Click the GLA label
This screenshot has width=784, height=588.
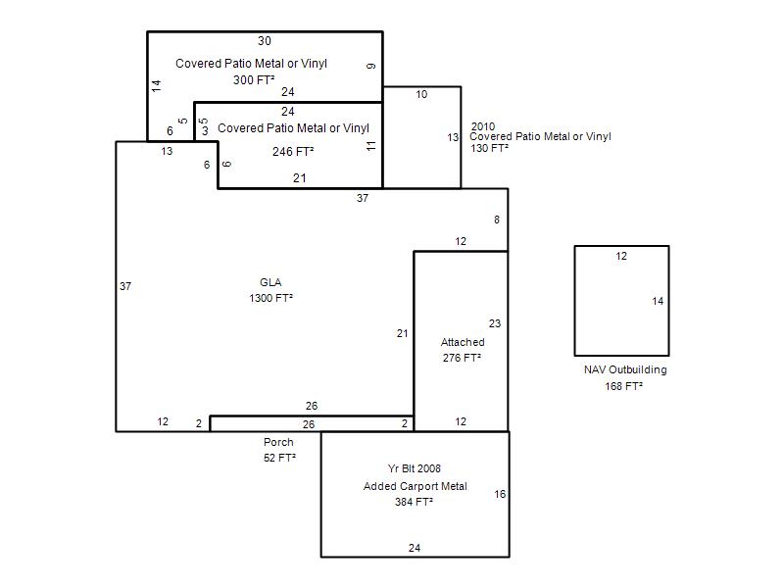[270, 282]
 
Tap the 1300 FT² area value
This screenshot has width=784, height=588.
[271, 298]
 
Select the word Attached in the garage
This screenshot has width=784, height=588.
[463, 342]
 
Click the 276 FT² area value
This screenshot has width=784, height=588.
[462, 358]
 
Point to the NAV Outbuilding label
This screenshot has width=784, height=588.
[625, 370]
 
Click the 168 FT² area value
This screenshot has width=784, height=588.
[624, 386]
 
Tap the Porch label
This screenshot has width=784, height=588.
[278, 443]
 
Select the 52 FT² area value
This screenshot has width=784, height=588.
[280, 458]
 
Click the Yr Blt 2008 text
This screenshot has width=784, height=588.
[415, 469]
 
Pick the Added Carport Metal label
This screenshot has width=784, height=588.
[415, 486]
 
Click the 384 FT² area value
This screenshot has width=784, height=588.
[414, 502]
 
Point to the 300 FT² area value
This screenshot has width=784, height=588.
[254, 80]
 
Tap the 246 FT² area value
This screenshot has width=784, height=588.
[293, 152]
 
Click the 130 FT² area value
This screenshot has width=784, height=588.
[489, 149]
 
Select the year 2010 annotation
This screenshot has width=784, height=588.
[483, 126]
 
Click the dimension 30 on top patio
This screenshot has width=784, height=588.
[265, 41]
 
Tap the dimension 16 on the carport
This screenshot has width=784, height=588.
[500, 495]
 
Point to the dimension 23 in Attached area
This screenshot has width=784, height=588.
[495, 324]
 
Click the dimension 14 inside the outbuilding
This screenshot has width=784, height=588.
[658, 302]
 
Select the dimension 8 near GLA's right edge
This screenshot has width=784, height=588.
[497, 220]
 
